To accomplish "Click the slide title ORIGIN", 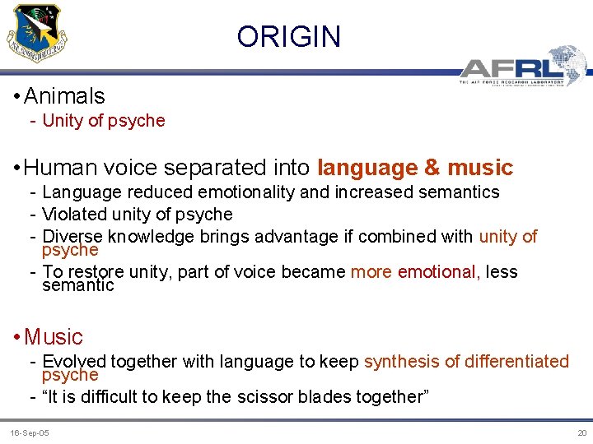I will (x=288, y=37).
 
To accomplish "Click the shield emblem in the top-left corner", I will (x=37, y=31).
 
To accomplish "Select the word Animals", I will (x=64, y=96).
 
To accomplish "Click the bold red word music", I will (x=480, y=168).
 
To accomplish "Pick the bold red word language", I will (x=367, y=168).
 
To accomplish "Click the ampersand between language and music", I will (x=432, y=168).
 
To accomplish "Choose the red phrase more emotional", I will (x=415, y=271).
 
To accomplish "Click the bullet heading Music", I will (x=54, y=336).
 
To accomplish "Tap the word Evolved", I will (x=74, y=361).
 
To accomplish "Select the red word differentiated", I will (x=517, y=361).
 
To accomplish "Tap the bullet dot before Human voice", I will (x=16, y=169).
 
